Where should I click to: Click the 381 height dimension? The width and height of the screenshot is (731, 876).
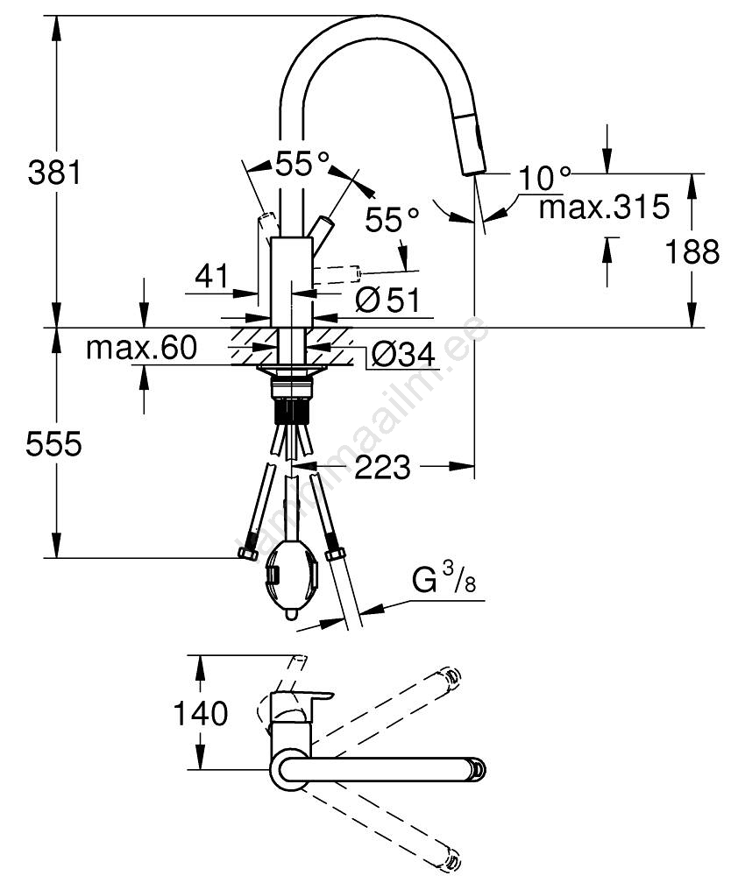point(54,172)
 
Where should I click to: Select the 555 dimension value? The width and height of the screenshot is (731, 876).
point(54,445)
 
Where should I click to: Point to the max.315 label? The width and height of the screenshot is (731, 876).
point(604,208)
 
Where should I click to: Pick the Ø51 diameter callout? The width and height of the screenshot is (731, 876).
point(388,300)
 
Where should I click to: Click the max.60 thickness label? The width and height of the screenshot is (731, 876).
point(141,349)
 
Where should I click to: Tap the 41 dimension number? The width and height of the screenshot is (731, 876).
point(211,277)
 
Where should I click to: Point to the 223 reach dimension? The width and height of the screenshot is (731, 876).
point(383,468)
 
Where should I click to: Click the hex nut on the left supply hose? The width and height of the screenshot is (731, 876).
point(247,553)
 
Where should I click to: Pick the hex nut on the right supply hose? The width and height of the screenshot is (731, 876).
point(334,553)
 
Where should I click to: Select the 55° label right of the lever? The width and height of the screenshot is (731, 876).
point(392,219)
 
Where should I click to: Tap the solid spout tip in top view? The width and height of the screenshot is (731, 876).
point(476,768)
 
